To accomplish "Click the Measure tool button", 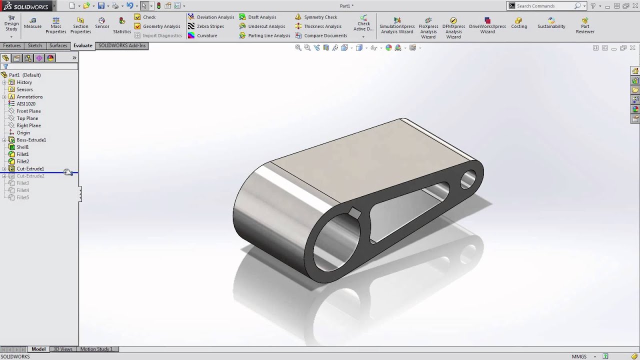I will [x=32, y=22].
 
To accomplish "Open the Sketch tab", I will [x=35, y=45].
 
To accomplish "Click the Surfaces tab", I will [x=58, y=45].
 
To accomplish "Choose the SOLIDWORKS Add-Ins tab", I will [x=122, y=45].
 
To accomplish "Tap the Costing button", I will [x=518, y=23].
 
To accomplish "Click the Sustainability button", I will [x=551, y=23].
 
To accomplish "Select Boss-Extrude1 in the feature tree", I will [x=31, y=140].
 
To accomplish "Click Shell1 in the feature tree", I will [x=22, y=147].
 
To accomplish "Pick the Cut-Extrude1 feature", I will [x=30, y=169].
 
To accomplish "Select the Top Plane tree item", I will [x=27, y=118].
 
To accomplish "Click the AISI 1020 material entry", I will [x=26, y=104].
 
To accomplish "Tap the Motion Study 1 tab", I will [x=96, y=349].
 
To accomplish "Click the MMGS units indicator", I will [x=579, y=356].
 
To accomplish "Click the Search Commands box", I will [x=545, y=6].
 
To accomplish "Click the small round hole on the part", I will [x=468, y=178].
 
